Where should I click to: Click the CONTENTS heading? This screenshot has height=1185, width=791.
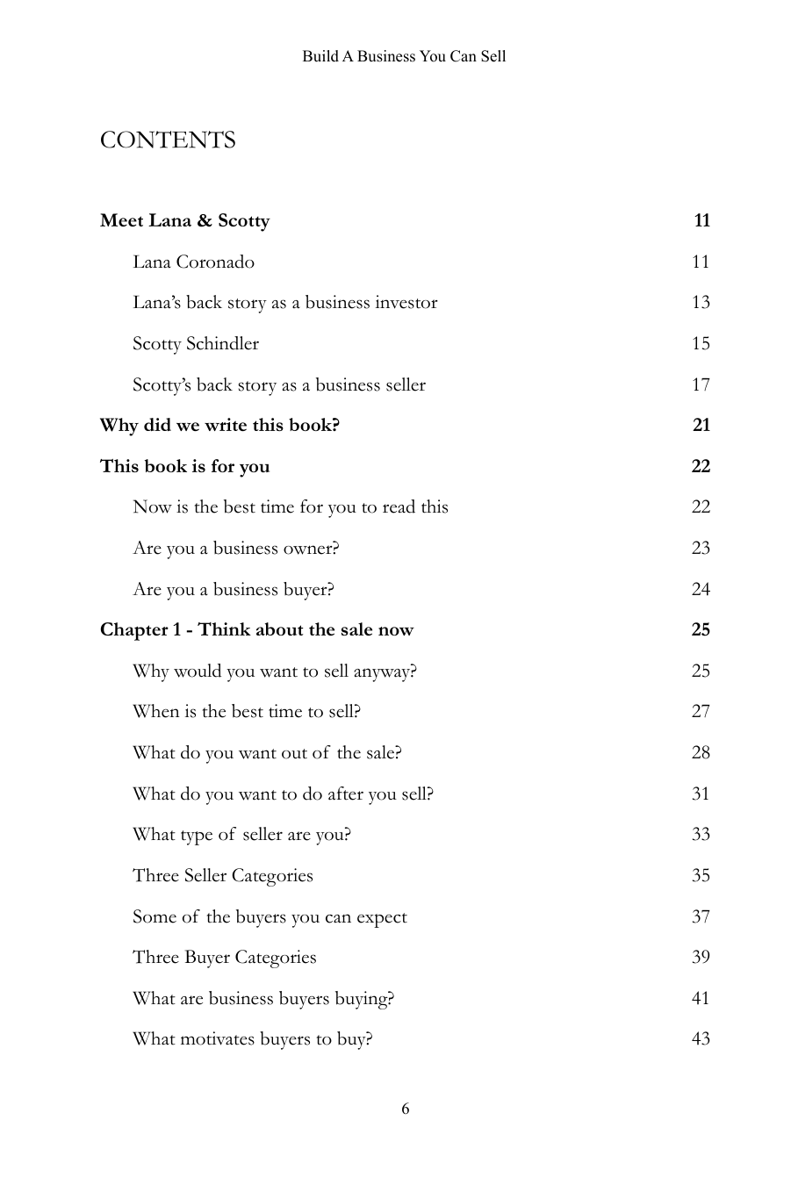point(168,140)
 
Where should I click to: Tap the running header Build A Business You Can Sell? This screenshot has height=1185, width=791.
point(404,56)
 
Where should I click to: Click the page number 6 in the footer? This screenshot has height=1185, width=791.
point(405,1109)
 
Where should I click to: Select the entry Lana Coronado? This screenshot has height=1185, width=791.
point(193,262)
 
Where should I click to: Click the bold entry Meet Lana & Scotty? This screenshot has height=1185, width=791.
point(184,220)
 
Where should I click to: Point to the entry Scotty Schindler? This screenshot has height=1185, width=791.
point(196,343)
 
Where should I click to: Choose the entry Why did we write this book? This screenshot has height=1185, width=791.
point(219,425)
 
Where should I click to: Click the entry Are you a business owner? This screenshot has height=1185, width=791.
point(235,548)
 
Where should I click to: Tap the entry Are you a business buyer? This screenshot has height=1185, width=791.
point(233,589)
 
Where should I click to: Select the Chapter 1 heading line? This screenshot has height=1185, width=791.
point(256,629)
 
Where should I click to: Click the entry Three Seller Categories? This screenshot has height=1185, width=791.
point(222,875)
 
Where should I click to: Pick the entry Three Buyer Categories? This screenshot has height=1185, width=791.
point(224,957)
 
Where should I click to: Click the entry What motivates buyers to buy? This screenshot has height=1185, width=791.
point(252,1038)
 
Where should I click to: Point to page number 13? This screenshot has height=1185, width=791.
point(700,302)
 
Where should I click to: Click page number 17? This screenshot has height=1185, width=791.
point(700,384)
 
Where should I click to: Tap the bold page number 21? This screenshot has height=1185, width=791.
point(701,425)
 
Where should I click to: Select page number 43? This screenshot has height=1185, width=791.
point(700,1038)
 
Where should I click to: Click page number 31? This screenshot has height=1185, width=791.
point(700,794)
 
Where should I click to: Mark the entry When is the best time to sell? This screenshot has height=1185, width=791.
point(246,711)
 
